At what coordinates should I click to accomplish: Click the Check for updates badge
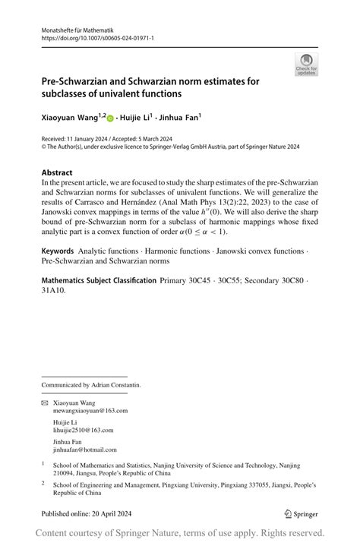(306, 64)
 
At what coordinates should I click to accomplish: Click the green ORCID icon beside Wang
(110, 118)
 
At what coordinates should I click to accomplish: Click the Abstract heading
(57, 172)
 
